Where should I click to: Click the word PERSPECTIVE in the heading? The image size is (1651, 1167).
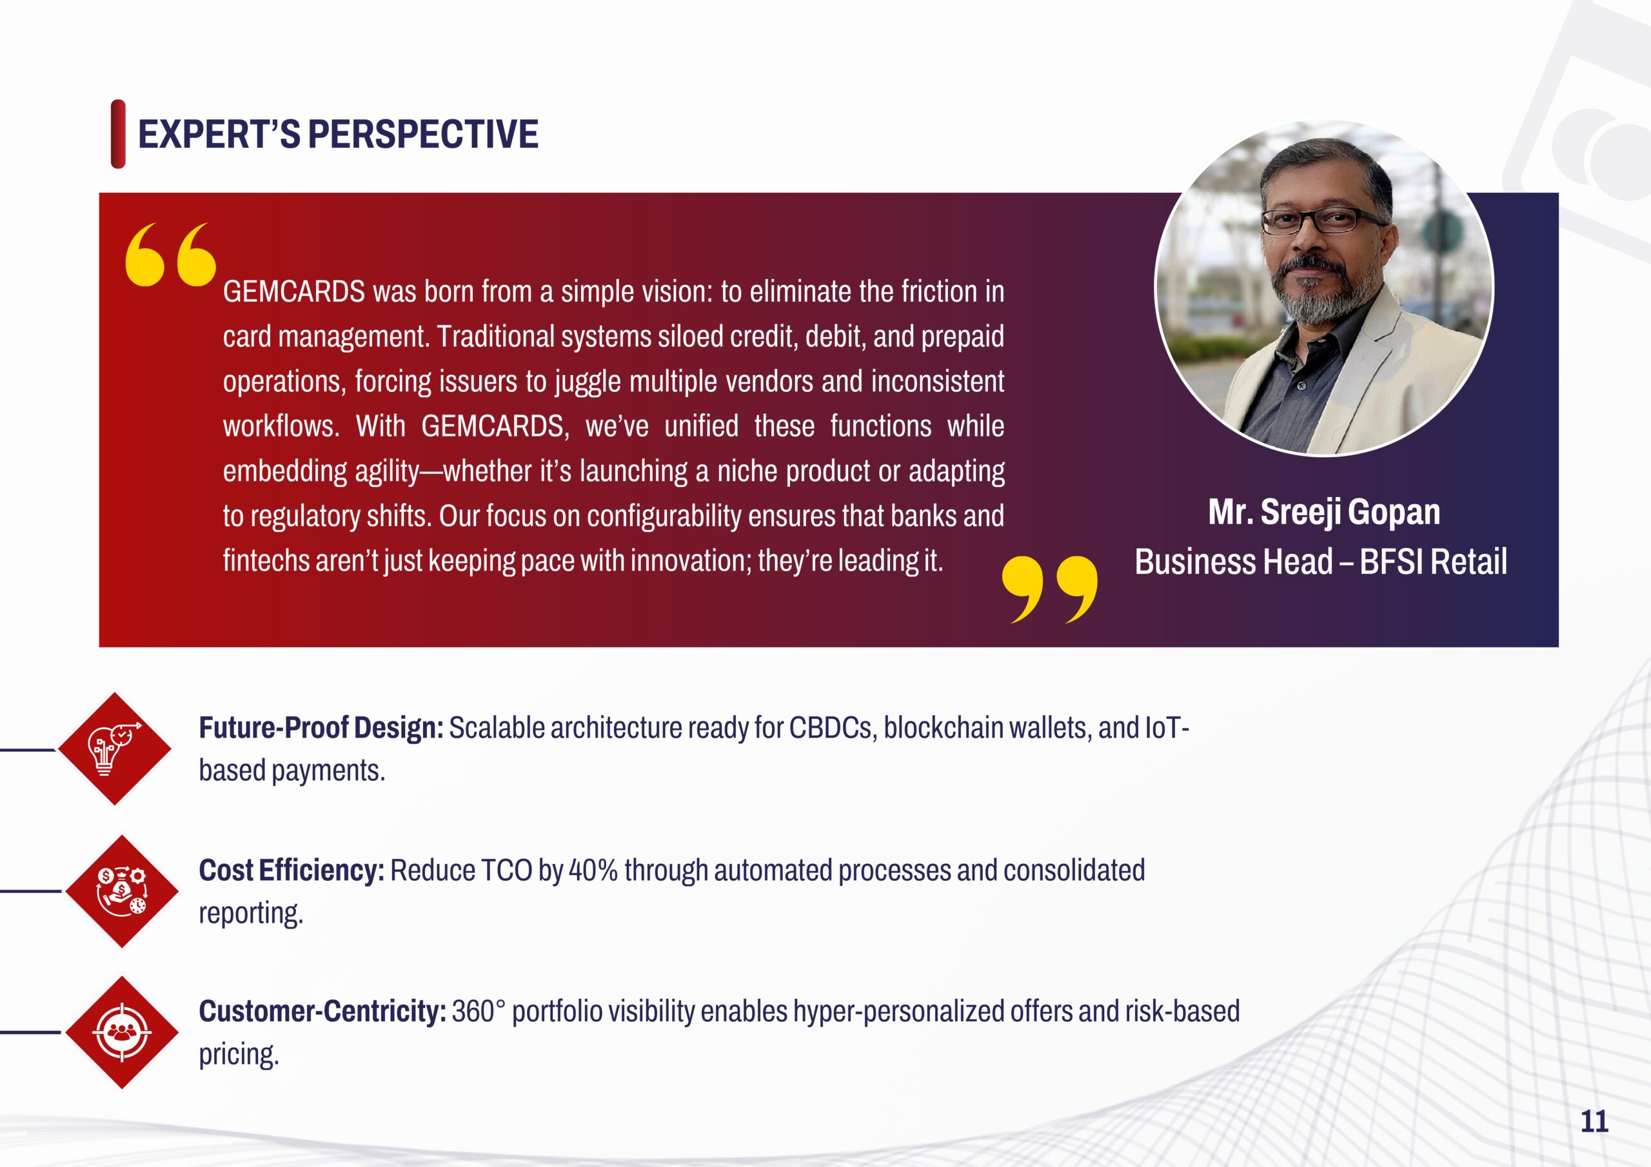(x=423, y=135)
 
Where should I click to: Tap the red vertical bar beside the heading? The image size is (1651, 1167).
(x=118, y=135)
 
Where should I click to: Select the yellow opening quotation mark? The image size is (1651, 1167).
(x=170, y=255)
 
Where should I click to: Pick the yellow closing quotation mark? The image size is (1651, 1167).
(x=1050, y=589)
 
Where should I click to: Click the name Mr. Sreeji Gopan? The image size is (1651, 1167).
(x=1324, y=512)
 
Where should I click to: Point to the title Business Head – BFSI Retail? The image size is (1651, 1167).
(x=1321, y=562)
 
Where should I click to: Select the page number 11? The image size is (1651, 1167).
(x=1594, y=1121)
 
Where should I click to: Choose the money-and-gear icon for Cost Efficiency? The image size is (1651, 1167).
(x=121, y=891)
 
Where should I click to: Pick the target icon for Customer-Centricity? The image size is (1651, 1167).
(x=121, y=1032)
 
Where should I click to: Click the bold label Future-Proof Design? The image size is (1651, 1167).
(x=321, y=729)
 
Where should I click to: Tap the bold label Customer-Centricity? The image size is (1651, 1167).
(x=322, y=1012)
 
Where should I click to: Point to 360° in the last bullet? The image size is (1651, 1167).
(x=473, y=1012)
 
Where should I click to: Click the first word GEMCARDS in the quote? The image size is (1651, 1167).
(x=294, y=292)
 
